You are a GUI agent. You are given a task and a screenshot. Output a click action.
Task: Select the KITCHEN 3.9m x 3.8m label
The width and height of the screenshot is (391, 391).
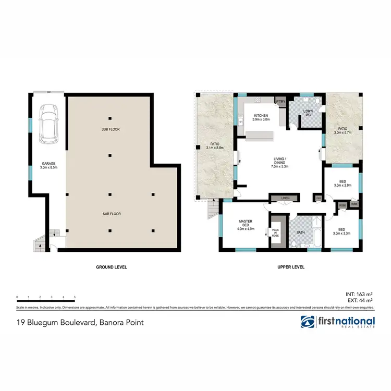pos(261,117)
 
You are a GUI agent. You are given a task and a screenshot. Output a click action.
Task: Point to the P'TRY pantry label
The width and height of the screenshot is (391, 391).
pos(280,102)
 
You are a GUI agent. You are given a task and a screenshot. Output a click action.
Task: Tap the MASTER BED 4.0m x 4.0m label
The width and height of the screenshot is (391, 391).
pos(245,225)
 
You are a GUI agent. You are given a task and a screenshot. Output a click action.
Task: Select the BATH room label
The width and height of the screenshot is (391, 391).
pos(300,233)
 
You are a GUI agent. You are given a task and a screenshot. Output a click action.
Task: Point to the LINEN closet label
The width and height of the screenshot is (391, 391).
pos(284,198)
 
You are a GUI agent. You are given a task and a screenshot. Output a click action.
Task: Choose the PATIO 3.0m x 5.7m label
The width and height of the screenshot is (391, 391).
pos(342,130)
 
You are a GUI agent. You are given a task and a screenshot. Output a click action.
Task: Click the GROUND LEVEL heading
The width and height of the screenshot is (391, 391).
pos(111,267)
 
